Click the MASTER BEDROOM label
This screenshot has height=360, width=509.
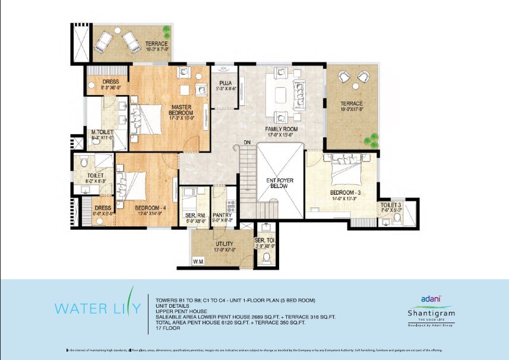181,109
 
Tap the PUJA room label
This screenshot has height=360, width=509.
225,83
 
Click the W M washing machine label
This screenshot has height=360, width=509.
198,261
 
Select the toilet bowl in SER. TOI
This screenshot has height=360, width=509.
267,257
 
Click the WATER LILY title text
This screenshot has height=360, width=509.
98,308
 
